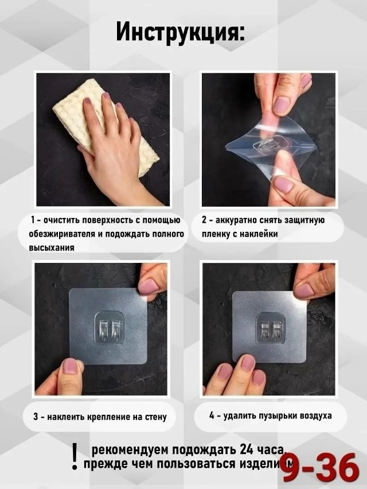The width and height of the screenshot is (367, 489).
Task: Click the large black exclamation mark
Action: point(74,457)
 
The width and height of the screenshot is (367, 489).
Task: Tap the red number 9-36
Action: point(319,467)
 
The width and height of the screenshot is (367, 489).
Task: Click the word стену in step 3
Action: point(154,417)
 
